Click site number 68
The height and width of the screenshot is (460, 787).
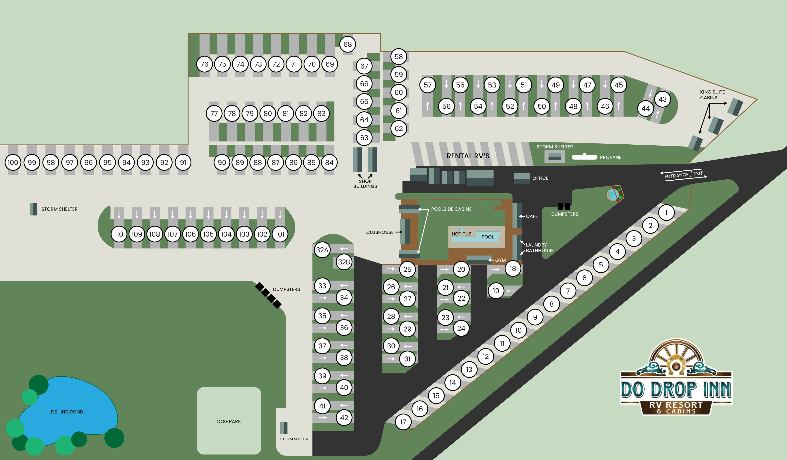tap(348, 44)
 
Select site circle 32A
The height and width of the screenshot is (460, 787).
tap(322, 250)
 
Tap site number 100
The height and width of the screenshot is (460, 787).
tap(13, 162)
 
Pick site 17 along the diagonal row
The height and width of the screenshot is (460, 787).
tap(403, 422)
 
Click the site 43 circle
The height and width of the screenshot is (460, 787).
tap(662, 99)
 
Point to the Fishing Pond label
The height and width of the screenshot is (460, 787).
tap(67, 412)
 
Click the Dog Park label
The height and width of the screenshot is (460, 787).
tap(229, 422)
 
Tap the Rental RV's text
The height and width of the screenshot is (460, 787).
tap(468, 156)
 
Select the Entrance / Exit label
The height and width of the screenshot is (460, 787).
tap(683, 175)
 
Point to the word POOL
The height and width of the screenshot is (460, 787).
tap(488, 237)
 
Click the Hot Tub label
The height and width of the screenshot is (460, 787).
tap(461, 234)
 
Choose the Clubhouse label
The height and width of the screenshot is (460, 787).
tap(380, 232)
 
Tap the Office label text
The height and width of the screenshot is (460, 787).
tap(540, 178)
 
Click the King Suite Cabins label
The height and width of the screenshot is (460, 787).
tap(712, 95)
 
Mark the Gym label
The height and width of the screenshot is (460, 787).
tap(500, 260)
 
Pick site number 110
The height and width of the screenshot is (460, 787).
tap(119, 234)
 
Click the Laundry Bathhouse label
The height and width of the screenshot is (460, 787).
tap(539, 248)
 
